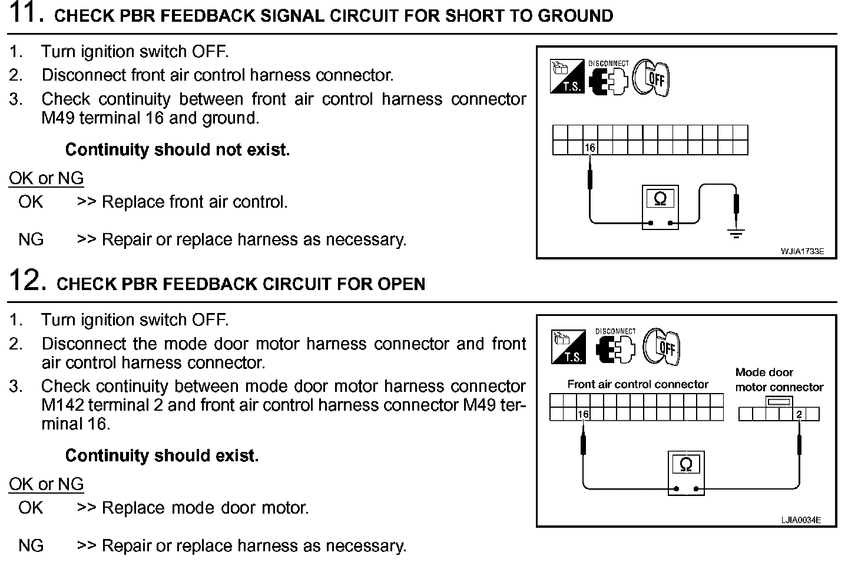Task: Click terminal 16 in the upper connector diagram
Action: click(x=591, y=148)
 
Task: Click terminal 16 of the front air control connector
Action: click(x=583, y=414)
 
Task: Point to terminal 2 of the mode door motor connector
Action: click(x=799, y=414)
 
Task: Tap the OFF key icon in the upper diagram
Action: click(x=652, y=78)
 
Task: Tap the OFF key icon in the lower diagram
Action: click(x=661, y=346)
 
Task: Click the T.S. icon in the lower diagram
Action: click(x=568, y=347)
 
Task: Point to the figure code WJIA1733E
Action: click(x=802, y=252)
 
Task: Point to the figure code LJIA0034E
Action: click(x=801, y=520)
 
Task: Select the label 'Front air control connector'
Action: click(x=638, y=384)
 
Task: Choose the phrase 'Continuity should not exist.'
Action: click(x=177, y=150)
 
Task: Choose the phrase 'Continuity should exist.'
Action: click(x=162, y=456)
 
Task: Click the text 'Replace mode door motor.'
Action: click(x=205, y=508)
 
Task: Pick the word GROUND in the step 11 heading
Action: click(x=574, y=16)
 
